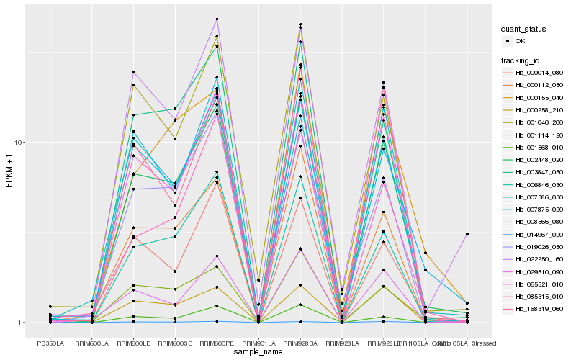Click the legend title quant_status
coord(523,29)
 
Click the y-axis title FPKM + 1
coord(9,171)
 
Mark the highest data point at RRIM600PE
coord(217,19)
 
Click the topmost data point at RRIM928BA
coord(300,24)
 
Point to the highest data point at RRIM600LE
coord(133,72)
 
